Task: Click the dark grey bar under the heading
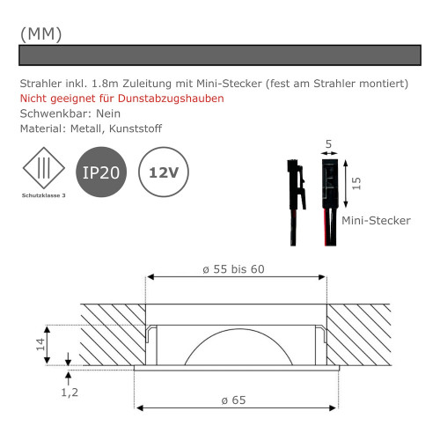(x=220, y=55)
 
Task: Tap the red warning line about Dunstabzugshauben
(x=121, y=98)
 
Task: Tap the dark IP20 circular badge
(x=101, y=172)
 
